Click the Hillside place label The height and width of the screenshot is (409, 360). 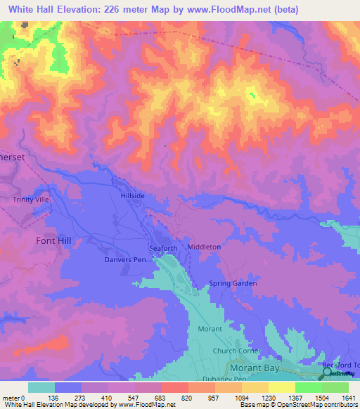133,196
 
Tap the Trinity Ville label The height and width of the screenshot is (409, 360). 32,200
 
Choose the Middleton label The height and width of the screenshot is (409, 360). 204,247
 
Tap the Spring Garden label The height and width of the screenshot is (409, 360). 233,283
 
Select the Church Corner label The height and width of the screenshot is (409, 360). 237,351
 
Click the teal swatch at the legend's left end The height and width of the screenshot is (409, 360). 41,387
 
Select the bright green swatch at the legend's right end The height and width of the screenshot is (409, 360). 335,387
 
